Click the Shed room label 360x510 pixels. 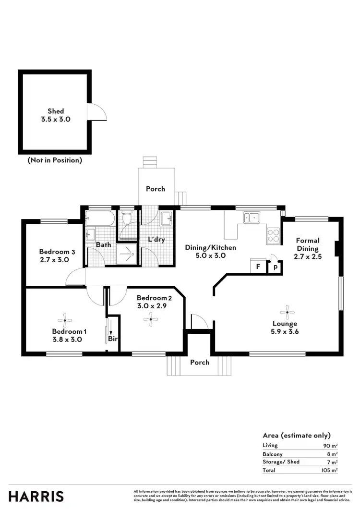[x=56, y=111]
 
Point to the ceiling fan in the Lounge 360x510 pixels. [x=288, y=312]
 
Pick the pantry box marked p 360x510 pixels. [x=276, y=267]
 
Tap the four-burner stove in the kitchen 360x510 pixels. [x=274, y=235]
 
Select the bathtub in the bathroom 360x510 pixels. [x=100, y=220]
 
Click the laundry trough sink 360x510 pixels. [x=167, y=219]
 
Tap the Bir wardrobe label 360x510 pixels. [x=113, y=338]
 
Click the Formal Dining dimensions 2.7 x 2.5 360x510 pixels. [x=308, y=256]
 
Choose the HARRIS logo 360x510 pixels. [x=36, y=496]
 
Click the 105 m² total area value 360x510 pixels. [x=329, y=470]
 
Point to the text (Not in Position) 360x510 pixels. [x=55, y=160]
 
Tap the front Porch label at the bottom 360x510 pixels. [x=200, y=362]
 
